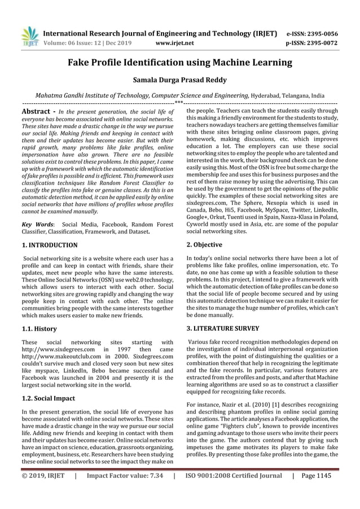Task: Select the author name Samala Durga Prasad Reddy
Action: (x=179, y=80)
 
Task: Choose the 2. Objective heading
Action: (x=204, y=245)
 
